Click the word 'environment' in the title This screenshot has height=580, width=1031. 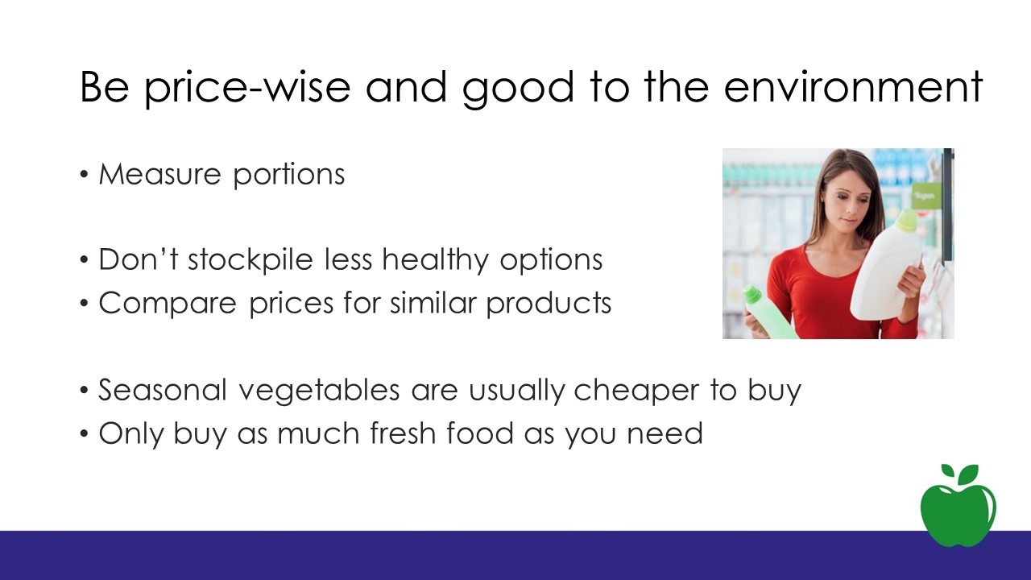pyautogui.click(x=853, y=87)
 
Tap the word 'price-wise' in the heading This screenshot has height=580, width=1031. pyautogui.click(x=247, y=89)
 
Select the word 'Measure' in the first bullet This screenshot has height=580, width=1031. pyautogui.click(x=159, y=174)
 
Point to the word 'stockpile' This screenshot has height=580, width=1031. pyautogui.click(x=251, y=260)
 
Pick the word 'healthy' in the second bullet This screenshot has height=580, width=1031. pyautogui.click(x=435, y=260)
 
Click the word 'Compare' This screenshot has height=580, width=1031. pyautogui.click(x=168, y=304)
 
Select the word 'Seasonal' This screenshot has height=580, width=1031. pyautogui.click(x=163, y=389)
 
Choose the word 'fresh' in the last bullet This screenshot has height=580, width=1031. pyautogui.click(x=404, y=433)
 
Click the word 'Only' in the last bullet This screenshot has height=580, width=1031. pyautogui.click(x=131, y=434)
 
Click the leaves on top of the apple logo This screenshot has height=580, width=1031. pyautogui.click(x=961, y=474)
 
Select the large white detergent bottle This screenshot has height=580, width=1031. pyautogui.click(x=887, y=266)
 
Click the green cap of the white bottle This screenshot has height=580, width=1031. pyautogui.click(x=907, y=221)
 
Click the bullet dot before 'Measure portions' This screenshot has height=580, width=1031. pyautogui.click(x=84, y=175)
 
